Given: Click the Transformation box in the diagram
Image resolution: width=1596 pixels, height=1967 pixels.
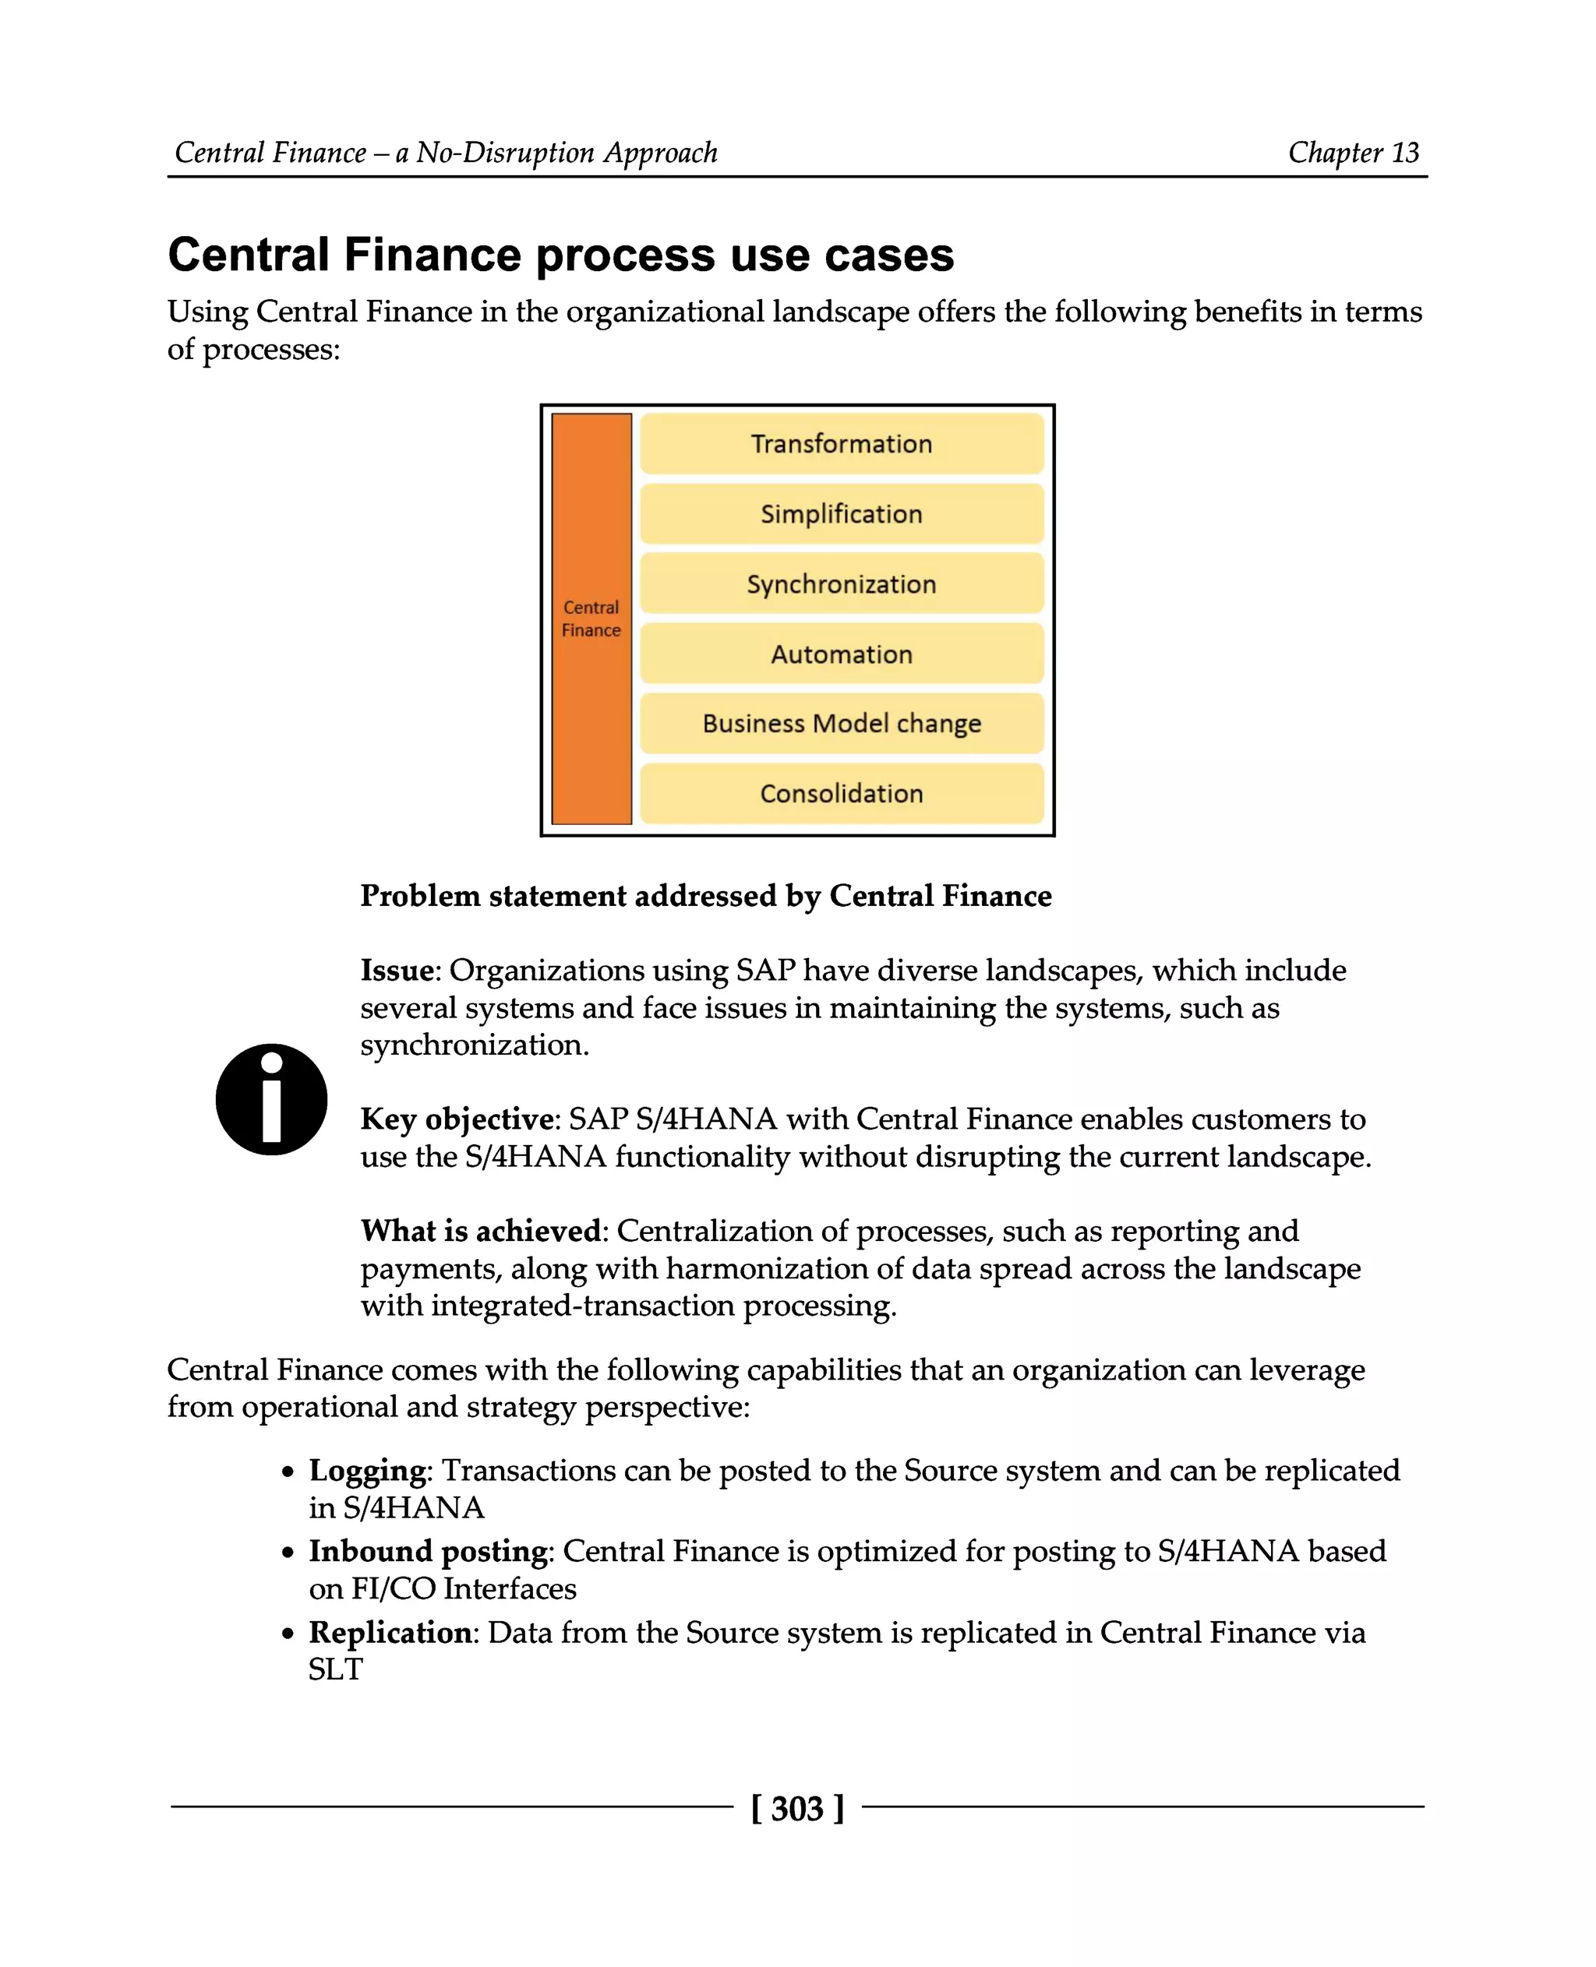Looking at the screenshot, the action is click(x=841, y=444).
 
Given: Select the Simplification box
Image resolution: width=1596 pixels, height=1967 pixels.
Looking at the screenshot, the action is click(x=841, y=514).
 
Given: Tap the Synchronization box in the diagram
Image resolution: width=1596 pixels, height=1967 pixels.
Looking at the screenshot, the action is click(x=841, y=583).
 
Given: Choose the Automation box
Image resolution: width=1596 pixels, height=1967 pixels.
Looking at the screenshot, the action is click(x=841, y=654).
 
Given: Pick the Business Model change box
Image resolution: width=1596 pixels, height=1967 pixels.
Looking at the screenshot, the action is click(x=841, y=724).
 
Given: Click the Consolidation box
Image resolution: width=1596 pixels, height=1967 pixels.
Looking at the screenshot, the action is click(x=841, y=793).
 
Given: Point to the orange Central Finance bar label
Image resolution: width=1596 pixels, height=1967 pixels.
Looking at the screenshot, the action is click(x=591, y=619).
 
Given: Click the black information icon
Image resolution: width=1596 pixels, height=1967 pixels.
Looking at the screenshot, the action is click(x=271, y=1099).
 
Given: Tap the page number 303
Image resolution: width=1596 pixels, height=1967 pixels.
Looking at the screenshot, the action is click(x=797, y=1808).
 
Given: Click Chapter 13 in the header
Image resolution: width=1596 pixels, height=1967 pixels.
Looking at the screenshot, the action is click(x=1354, y=153).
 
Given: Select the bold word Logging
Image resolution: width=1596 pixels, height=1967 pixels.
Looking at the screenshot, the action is click(x=368, y=1471).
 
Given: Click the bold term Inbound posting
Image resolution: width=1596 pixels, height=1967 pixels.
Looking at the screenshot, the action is click(x=429, y=1552).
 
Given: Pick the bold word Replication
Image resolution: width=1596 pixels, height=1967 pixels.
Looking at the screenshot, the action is click(x=390, y=1633).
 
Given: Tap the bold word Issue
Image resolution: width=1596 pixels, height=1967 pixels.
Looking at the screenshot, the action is click(x=396, y=971).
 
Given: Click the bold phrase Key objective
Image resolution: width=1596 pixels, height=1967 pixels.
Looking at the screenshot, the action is click(x=457, y=1119).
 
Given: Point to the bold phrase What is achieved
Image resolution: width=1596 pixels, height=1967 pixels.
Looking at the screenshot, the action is click(x=481, y=1231).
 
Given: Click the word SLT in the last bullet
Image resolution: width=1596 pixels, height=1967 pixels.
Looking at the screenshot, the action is click(x=336, y=1669).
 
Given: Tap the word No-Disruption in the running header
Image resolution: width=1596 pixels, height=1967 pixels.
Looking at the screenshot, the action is click(x=506, y=153).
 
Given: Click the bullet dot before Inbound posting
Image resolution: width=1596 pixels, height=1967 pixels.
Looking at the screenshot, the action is click(x=288, y=1553).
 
